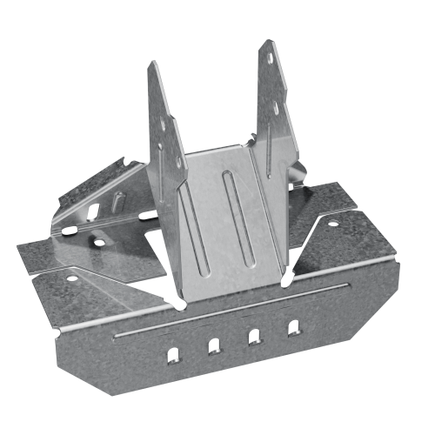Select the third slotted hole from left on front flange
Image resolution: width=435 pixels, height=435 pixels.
click(253, 338)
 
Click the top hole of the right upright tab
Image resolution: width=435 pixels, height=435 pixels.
click(271, 59)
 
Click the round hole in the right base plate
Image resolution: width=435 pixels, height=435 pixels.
click(331, 223)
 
